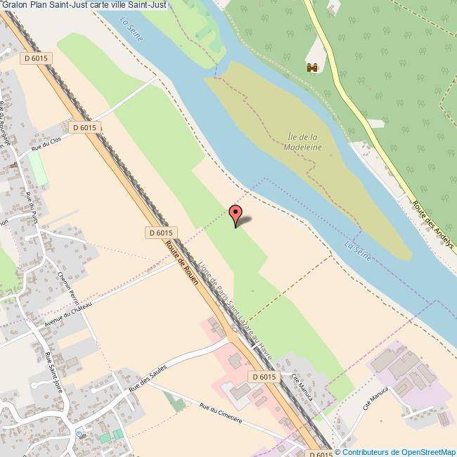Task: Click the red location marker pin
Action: [x=236, y=214]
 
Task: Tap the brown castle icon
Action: [x=312, y=67]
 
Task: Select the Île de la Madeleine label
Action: [x=303, y=142]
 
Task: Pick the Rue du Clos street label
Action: [x=47, y=147]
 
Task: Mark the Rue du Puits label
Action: [x=32, y=205]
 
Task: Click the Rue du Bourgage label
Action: [x=7, y=124]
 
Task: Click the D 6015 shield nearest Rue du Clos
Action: [x=84, y=127]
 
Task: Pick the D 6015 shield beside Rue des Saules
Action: [x=263, y=378]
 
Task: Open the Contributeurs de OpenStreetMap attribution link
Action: [x=399, y=451]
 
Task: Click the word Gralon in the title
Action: [x=13, y=5]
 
